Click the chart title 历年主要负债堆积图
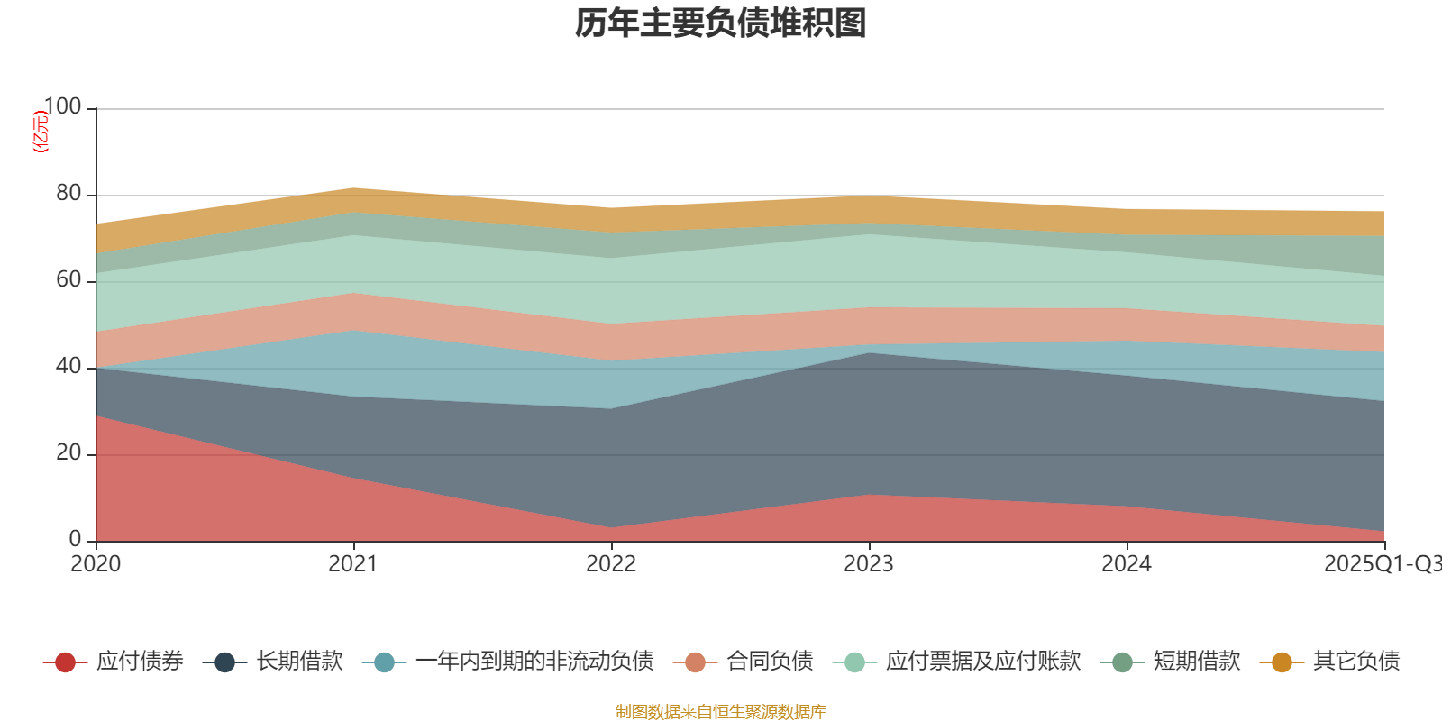[721, 24]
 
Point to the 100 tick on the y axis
[62, 107]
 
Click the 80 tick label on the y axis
[68, 194]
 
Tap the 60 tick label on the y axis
[68, 280]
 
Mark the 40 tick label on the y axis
[68, 367]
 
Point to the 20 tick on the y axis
[68, 453]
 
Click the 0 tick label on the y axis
[76, 540]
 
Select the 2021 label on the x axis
[353, 564]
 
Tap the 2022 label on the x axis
[611, 564]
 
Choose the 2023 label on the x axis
[869, 564]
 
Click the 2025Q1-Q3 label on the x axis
[1382, 564]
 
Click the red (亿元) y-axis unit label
[41, 132]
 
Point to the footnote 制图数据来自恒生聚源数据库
[721, 712]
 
